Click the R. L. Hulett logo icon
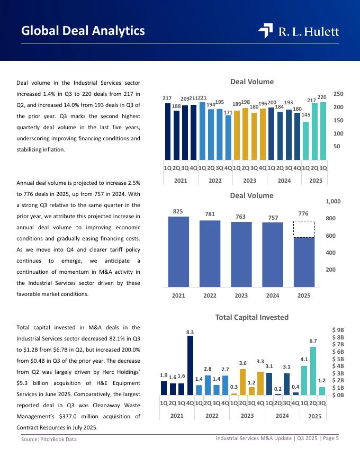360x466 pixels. pyautogui.click(x=265, y=31)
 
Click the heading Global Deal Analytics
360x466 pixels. pyautogui.click(x=83, y=31)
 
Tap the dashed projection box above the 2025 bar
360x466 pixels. pyautogui.click(x=304, y=229)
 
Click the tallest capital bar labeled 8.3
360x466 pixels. pyautogui.click(x=190, y=365)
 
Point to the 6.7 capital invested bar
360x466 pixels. pyautogui.click(x=313, y=371)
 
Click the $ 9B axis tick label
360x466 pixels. pyautogui.click(x=338, y=330)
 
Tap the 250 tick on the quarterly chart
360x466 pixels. pyautogui.click(x=338, y=94)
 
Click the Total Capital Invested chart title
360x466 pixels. pyautogui.click(x=252, y=317)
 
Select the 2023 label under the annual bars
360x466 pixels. pyautogui.click(x=241, y=295)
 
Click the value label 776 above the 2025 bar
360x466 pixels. pyautogui.click(x=303, y=213)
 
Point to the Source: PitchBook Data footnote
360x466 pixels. pyautogui.click(x=49, y=440)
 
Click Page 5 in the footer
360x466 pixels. pyautogui.click(x=330, y=438)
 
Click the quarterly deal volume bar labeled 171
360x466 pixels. pyautogui.click(x=228, y=138)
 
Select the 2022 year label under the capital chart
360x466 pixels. pyautogui.click(x=212, y=416)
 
